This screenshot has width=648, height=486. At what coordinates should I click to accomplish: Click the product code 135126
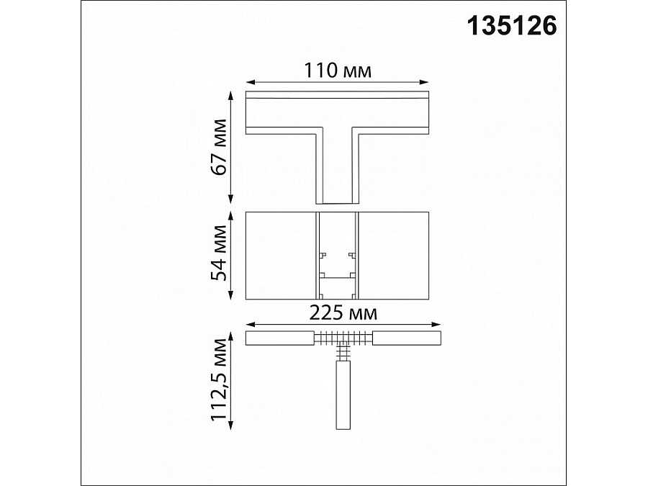pyautogui.click(x=513, y=27)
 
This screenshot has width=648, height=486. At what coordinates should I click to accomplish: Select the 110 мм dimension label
pyautogui.click(x=337, y=71)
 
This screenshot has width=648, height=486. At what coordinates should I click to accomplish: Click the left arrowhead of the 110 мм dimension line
pyautogui.click(x=248, y=82)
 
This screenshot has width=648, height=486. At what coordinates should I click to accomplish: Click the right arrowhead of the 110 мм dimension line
pyautogui.click(x=427, y=82)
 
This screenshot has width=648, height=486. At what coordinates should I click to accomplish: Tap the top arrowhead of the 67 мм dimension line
pyautogui.click(x=231, y=94)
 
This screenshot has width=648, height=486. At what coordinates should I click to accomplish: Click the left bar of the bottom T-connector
pyautogui.click(x=279, y=338)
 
